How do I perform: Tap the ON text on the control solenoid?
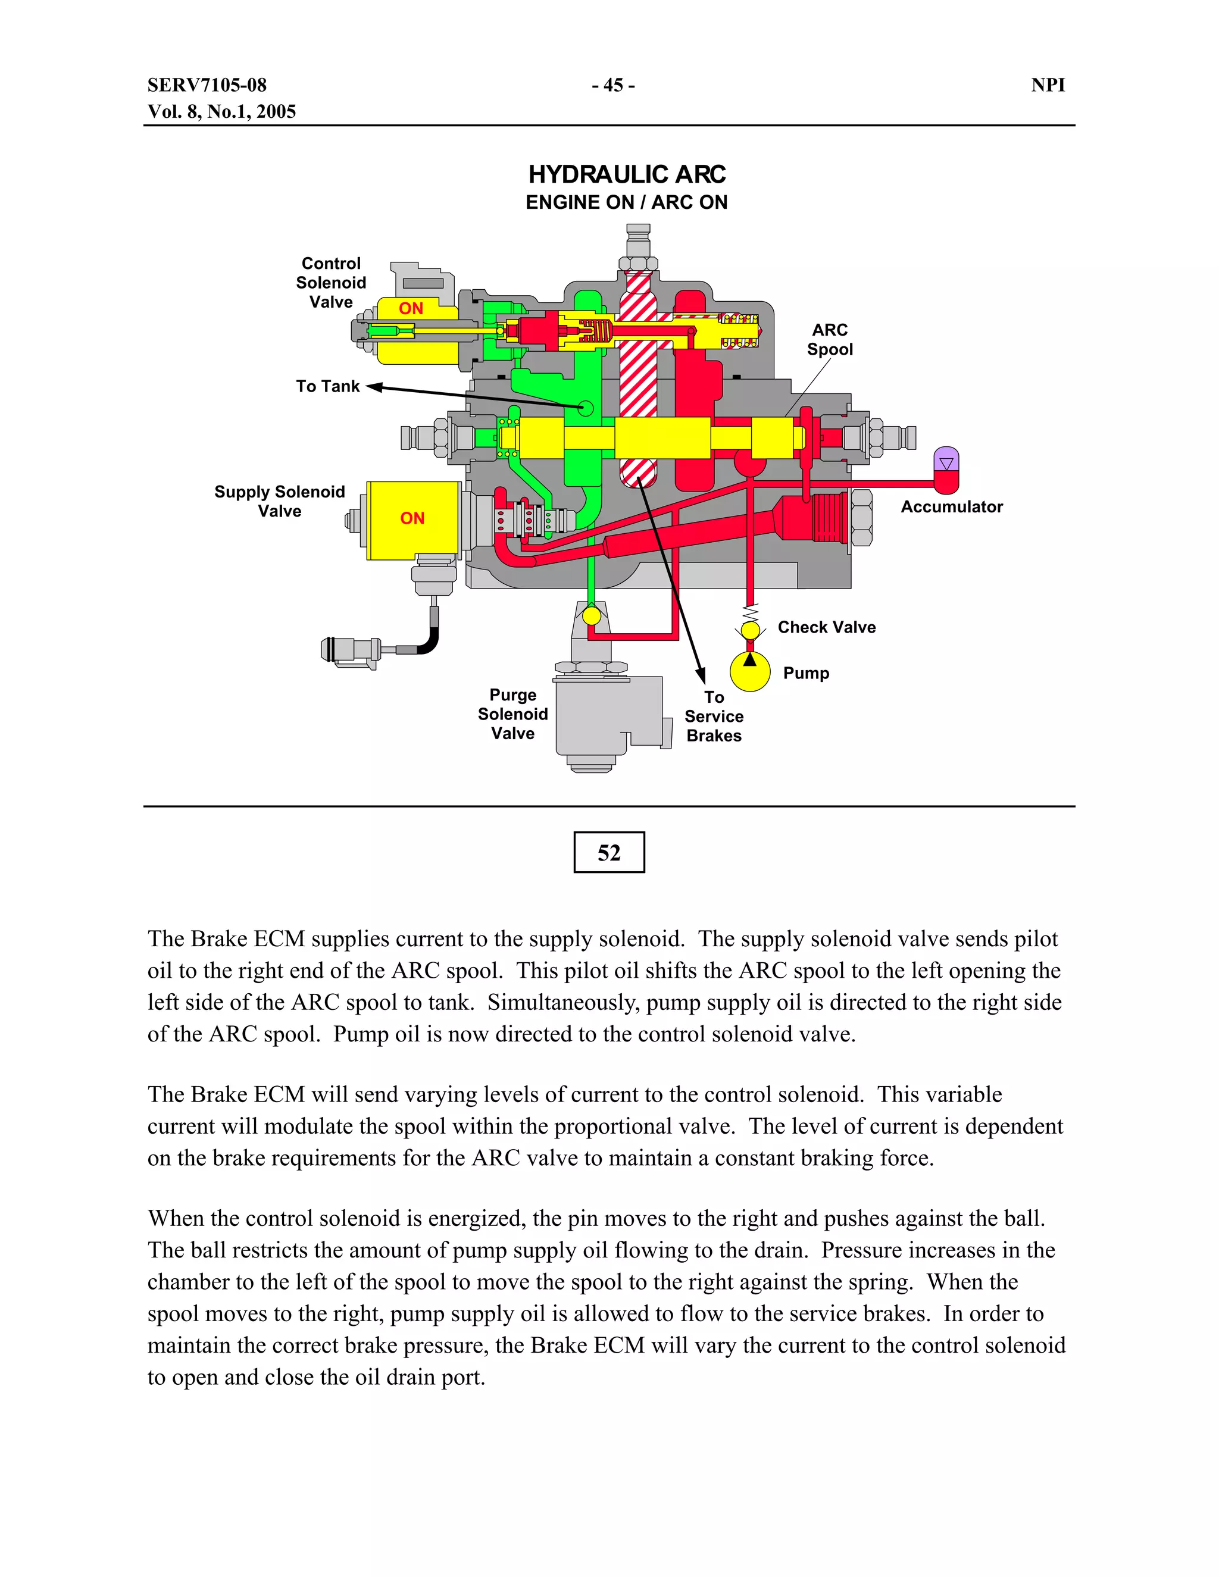(x=411, y=308)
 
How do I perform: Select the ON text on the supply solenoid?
(x=412, y=518)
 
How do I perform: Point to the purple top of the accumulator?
(x=946, y=459)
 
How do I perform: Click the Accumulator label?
(x=951, y=507)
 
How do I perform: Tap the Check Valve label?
(x=826, y=627)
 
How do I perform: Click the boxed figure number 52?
(x=609, y=853)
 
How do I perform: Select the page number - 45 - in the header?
(x=612, y=85)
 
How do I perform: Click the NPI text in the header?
(x=1048, y=85)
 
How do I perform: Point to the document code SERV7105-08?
(x=207, y=85)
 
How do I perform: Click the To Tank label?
(x=327, y=386)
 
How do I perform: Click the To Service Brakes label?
(x=714, y=716)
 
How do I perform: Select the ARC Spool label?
(x=830, y=339)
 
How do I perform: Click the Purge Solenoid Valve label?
(x=512, y=714)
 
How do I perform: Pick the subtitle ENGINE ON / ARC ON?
(x=626, y=203)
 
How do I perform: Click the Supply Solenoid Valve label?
(x=280, y=501)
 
